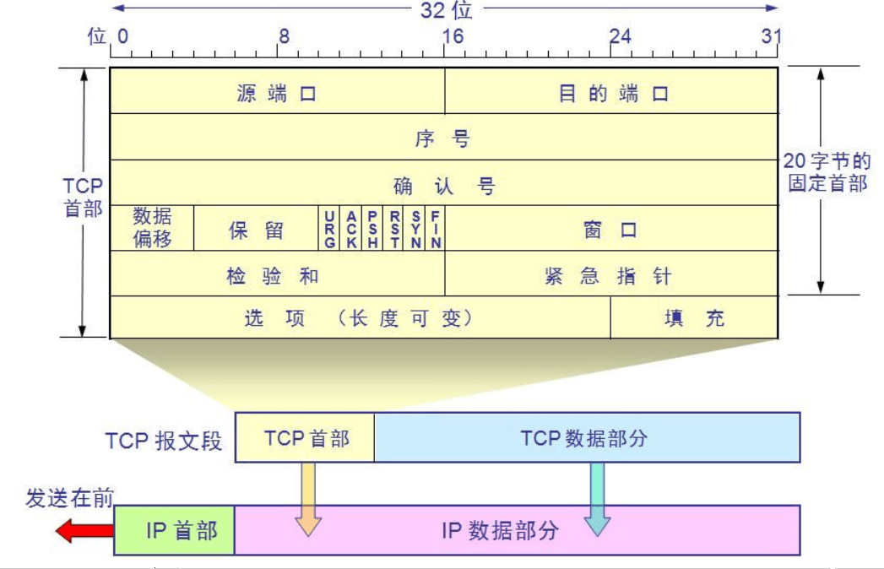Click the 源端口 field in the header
click(x=277, y=92)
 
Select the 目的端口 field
click(x=612, y=92)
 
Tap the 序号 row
click(x=444, y=138)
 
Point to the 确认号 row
click(x=444, y=184)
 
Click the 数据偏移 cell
click(x=152, y=228)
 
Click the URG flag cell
click(x=329, y=229)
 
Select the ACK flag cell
click(x=351, y=229)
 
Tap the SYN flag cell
click(x=416, y=229)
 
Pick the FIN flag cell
click(x=436, y=229)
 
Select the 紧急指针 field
click(x=611, y=275)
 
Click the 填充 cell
click(x=694, y=318)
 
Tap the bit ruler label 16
click(x=453, y=36)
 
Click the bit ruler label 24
click(x=620, y=36)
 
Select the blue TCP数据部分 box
click(x=587, y=437)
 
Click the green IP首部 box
click(x=175, y=530)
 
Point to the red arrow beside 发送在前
click(x=84, y=530)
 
